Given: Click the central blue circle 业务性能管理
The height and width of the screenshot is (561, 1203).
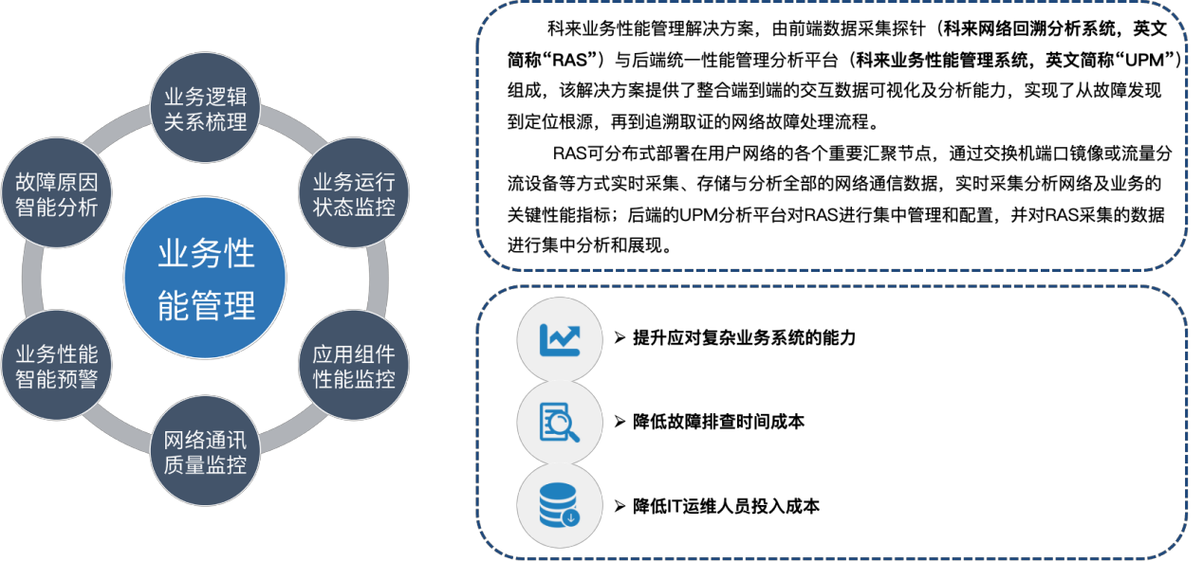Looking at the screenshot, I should (x=206, y=278).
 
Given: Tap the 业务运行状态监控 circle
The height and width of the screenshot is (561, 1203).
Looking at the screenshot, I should (x=354, y=193).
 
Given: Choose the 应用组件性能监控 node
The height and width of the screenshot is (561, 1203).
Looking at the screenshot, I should (x=354, y=367).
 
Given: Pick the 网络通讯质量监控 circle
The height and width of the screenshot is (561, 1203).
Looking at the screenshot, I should (x=206, y=452).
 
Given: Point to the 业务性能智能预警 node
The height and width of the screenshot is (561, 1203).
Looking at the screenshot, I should (x=57, y=367).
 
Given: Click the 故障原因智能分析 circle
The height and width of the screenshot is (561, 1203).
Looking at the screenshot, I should (x=57, y=193).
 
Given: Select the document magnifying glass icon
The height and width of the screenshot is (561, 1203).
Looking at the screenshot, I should (x=560, y=423).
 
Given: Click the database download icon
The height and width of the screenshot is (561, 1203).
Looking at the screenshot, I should (x=560, y=505).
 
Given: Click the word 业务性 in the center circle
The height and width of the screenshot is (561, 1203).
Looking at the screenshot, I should (x=206, y=254).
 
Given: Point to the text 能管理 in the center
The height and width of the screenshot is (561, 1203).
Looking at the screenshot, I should (x=206, y=305).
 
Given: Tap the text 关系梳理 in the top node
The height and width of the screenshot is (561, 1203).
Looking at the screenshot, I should (x=206, y=121).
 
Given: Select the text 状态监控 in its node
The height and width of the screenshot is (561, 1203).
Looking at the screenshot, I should (x=354, y=207).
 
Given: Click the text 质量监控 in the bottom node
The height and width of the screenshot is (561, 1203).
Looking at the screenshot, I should (x=206, y=465).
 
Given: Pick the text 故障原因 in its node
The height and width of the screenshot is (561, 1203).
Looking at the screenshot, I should (x=57, y=181).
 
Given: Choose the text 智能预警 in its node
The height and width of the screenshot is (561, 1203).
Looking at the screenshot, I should (x=57, y=380).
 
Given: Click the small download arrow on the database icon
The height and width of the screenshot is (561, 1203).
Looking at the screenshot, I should (x=570, y=516).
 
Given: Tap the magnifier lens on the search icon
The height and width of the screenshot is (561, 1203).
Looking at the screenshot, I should (x=564, y=423).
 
